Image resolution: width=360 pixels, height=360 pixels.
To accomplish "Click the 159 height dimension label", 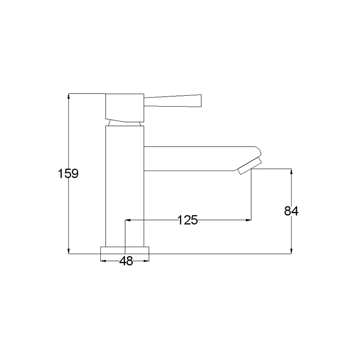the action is (68, 173).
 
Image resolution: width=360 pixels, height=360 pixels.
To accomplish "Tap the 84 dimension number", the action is (291, 211).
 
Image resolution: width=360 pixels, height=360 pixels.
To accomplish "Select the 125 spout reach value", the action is (188, 220).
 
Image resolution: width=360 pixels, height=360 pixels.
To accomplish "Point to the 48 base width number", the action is (126, 261).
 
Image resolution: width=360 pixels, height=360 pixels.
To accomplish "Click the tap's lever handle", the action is (173, 100).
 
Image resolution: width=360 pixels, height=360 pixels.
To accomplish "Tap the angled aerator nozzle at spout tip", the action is (249, 166).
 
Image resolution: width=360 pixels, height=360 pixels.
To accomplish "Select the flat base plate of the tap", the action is (125, 250).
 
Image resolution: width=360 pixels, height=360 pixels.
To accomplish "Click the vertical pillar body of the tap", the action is (125, 186).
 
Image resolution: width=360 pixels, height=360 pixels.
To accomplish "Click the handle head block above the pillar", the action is (125, 108).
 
